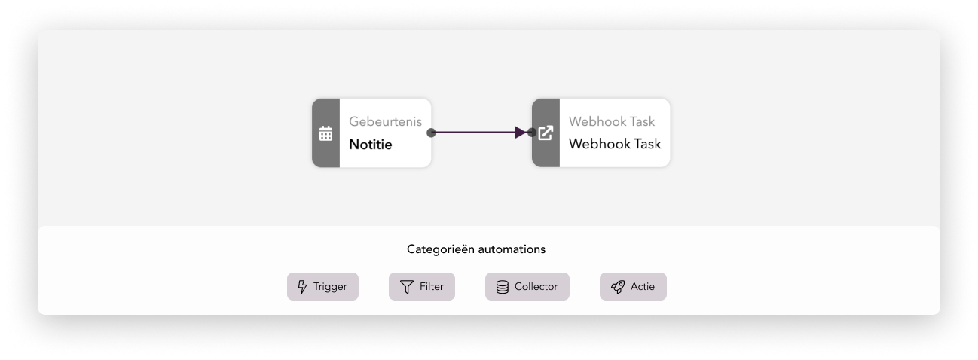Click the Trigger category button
tap(322, 287)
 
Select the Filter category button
tap(422, 287)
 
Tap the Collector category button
tap(527, 287)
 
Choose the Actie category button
tap(633, 287)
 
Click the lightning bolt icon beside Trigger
tap(302, 287)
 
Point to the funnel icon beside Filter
tap(406, 287)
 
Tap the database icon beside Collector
tap(502, 287)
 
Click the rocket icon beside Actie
tap(618, 287)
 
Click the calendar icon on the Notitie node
tap(325, 133)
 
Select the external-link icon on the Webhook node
tap(546, 133)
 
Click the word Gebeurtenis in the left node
tap(386, 121)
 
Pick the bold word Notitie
tap(371, 145)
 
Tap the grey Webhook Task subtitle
tap(612, 121)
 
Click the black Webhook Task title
tap(615, 144)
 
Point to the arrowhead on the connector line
tap(521, 133)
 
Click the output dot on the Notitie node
tap(431, 133)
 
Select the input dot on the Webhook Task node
tap(531, 133)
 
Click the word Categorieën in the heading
tap(441, 249)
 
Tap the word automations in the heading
tap(512, 249)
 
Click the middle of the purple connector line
tap(479, 133)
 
